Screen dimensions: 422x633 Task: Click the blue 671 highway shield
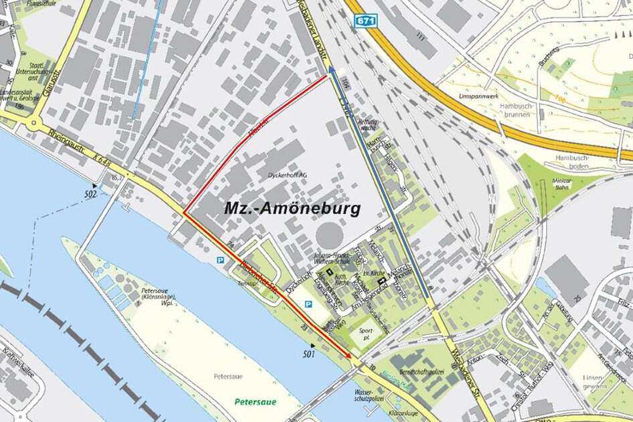tap(366, 21)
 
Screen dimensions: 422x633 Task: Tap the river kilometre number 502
tap(91, 194)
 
